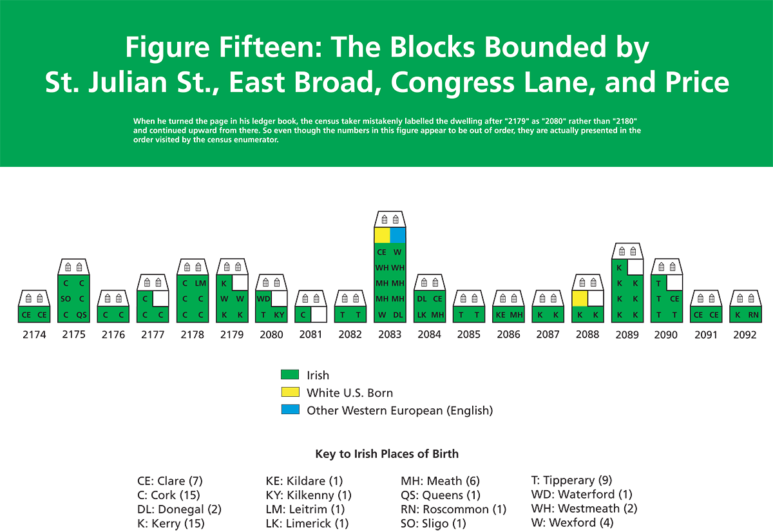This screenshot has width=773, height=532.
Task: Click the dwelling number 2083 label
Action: pos(390,334)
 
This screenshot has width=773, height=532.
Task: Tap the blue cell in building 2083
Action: pos(397,235)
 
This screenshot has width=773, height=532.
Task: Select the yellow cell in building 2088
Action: pos(580,299)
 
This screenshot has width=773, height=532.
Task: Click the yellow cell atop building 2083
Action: pos(382,235)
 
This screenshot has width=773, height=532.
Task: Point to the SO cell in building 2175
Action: pos(66,299)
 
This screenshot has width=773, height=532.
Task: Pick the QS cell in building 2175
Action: pos(81,315)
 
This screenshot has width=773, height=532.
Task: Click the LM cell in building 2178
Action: pos(200,283)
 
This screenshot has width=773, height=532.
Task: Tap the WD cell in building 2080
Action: pos(263,299)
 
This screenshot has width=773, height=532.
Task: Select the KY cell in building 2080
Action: pos(279,315)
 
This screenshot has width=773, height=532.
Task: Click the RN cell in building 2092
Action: pos(753,315)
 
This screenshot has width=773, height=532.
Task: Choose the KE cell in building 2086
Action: pos(501,315)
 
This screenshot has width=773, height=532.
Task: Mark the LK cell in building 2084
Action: pos(422,315)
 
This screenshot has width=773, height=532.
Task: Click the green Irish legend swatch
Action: pos(290,375)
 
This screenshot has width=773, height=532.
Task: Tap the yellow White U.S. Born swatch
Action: pos(290,392)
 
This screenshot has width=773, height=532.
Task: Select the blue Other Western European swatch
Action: pos(290,410)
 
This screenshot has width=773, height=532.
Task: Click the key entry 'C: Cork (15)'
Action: pos(169,495)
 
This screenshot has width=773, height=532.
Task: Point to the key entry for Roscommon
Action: pos(453,509)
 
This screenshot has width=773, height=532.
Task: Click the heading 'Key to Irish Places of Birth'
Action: pos(387,453)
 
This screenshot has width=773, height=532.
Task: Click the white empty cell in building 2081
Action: pos(318,315)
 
